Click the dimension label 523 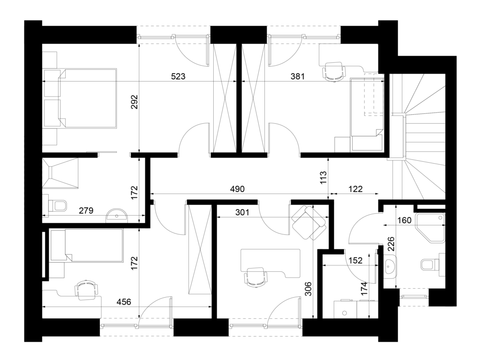178,76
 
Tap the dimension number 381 298,76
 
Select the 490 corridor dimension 237,189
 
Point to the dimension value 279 86,210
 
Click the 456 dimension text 124,302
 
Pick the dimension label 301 242,212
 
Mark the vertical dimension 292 135,102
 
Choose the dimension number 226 391,244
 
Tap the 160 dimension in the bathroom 405,220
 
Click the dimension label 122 355,189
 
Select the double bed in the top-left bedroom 81,98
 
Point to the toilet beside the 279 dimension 58,206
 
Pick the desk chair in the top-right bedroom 333,72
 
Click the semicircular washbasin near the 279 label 117,215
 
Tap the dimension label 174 364,289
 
